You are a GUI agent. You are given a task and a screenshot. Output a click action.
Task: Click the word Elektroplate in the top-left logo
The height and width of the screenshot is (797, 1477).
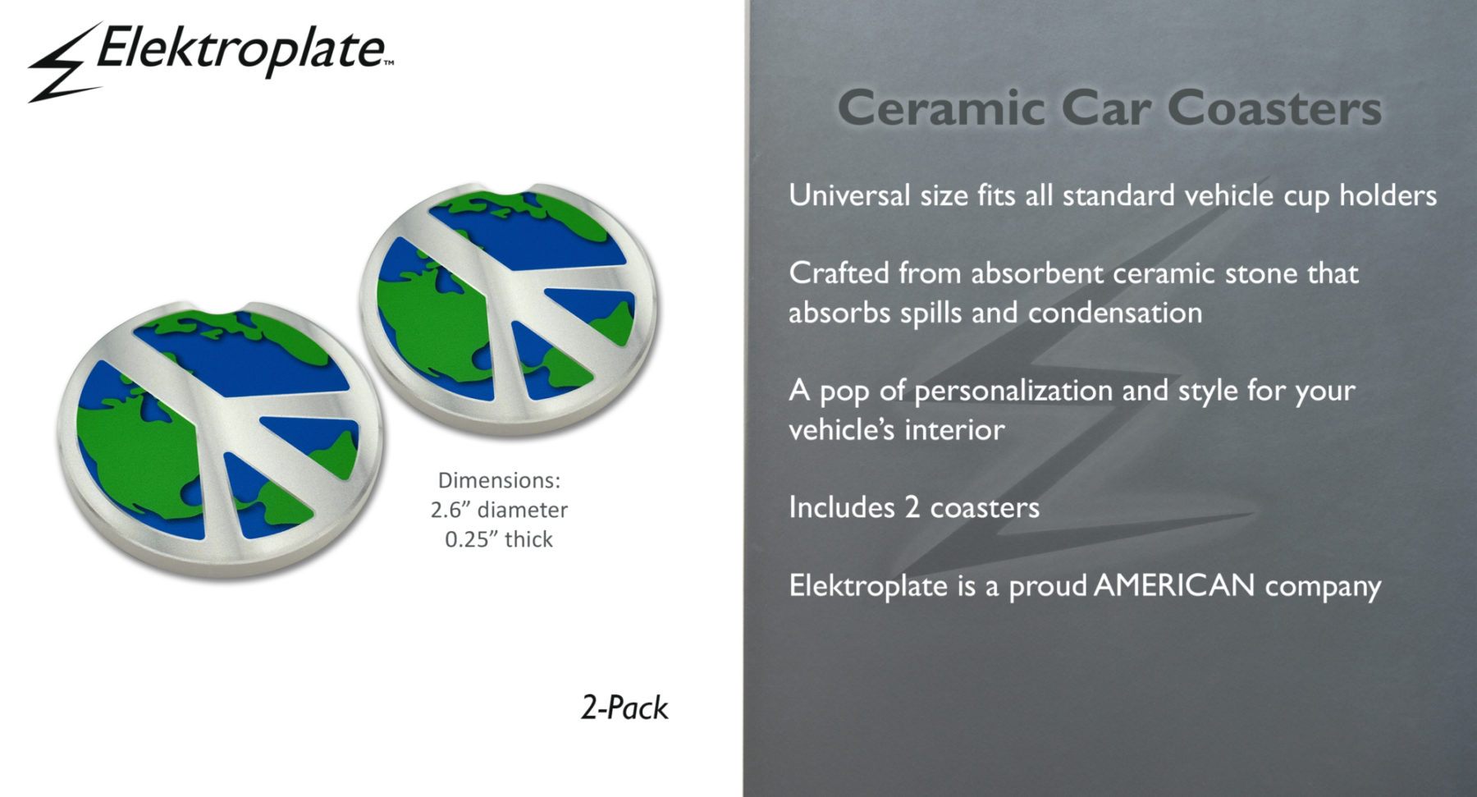[x=243, y=49]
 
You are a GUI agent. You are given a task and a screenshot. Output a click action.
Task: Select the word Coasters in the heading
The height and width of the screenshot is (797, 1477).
[x=1274, y=108]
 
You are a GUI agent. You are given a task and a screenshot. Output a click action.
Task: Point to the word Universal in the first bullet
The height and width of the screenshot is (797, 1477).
[x=849, y=195]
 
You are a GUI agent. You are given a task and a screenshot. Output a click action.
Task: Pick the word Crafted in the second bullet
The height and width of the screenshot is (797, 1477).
[x=839, y=273]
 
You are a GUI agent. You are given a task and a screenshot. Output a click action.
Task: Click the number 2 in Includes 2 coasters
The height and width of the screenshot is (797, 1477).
[x=912, y=507]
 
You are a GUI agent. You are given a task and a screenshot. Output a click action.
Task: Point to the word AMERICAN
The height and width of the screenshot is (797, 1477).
[x=1174, y=585]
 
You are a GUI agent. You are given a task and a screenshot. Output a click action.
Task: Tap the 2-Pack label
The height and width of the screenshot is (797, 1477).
[x=624, y=708]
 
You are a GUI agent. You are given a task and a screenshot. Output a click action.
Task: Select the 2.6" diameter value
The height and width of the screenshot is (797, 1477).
[x=499, y=510]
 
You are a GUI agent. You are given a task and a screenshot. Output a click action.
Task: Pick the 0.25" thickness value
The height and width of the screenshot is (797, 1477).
[x=499, y=539]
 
